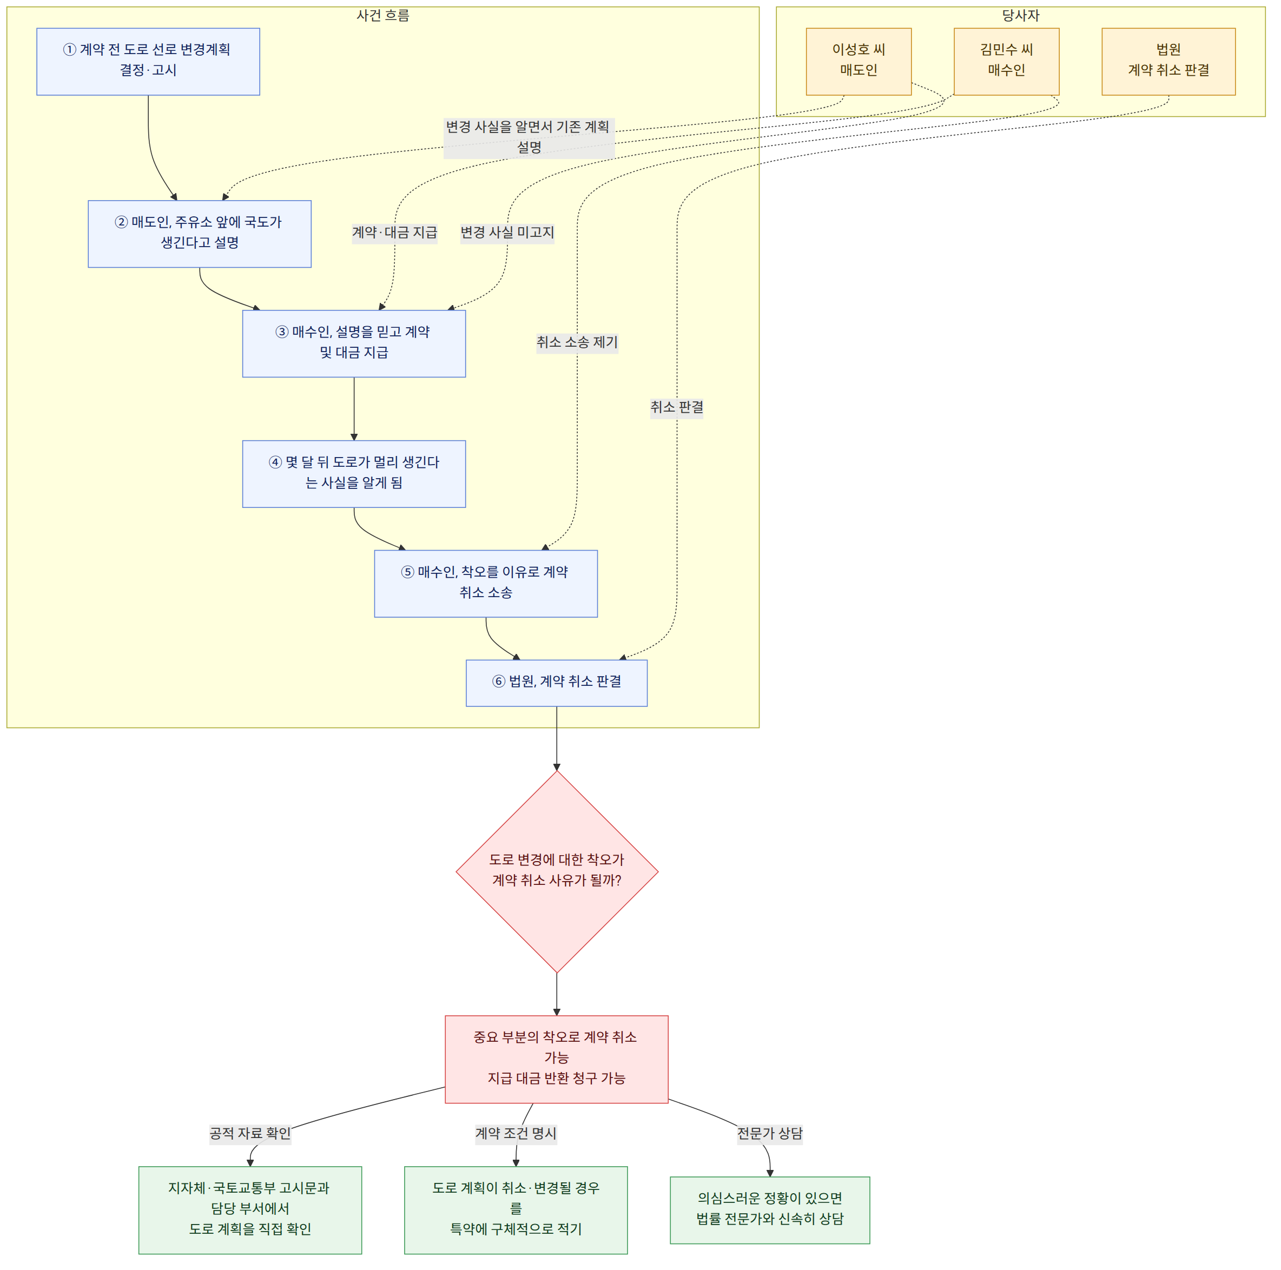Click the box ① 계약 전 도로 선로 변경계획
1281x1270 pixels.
(x=148, y=62)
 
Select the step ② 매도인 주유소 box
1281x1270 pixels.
(x=200, y=234)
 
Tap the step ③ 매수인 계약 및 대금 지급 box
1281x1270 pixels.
(x=354, y=343)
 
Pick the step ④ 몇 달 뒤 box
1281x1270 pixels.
(x=354, y=474)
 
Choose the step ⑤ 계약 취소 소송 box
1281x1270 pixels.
(x=486, y=583)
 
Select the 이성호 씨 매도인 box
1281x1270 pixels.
(x=859, y=62)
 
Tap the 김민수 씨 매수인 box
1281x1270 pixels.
(x=1007, y=62)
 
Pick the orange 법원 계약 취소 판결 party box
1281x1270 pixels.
(x=1169, y=62)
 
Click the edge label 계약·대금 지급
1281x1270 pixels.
(x=394, y=233)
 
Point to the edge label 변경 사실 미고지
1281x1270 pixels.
(x=507, y=233)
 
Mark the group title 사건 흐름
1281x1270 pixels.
(x=383, y=15)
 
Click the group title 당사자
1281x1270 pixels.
(x=1021, y=15)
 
